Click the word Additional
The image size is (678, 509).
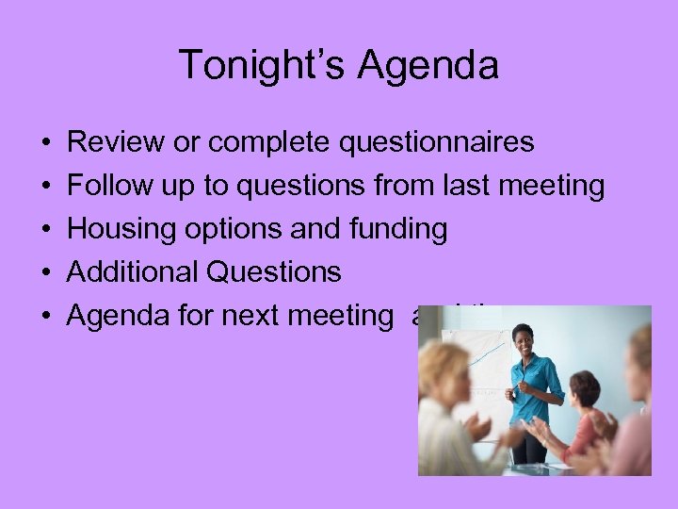133,272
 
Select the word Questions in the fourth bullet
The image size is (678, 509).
274,272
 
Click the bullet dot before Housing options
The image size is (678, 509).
46,230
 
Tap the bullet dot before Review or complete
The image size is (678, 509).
46,143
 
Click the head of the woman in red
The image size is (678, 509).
584,388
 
